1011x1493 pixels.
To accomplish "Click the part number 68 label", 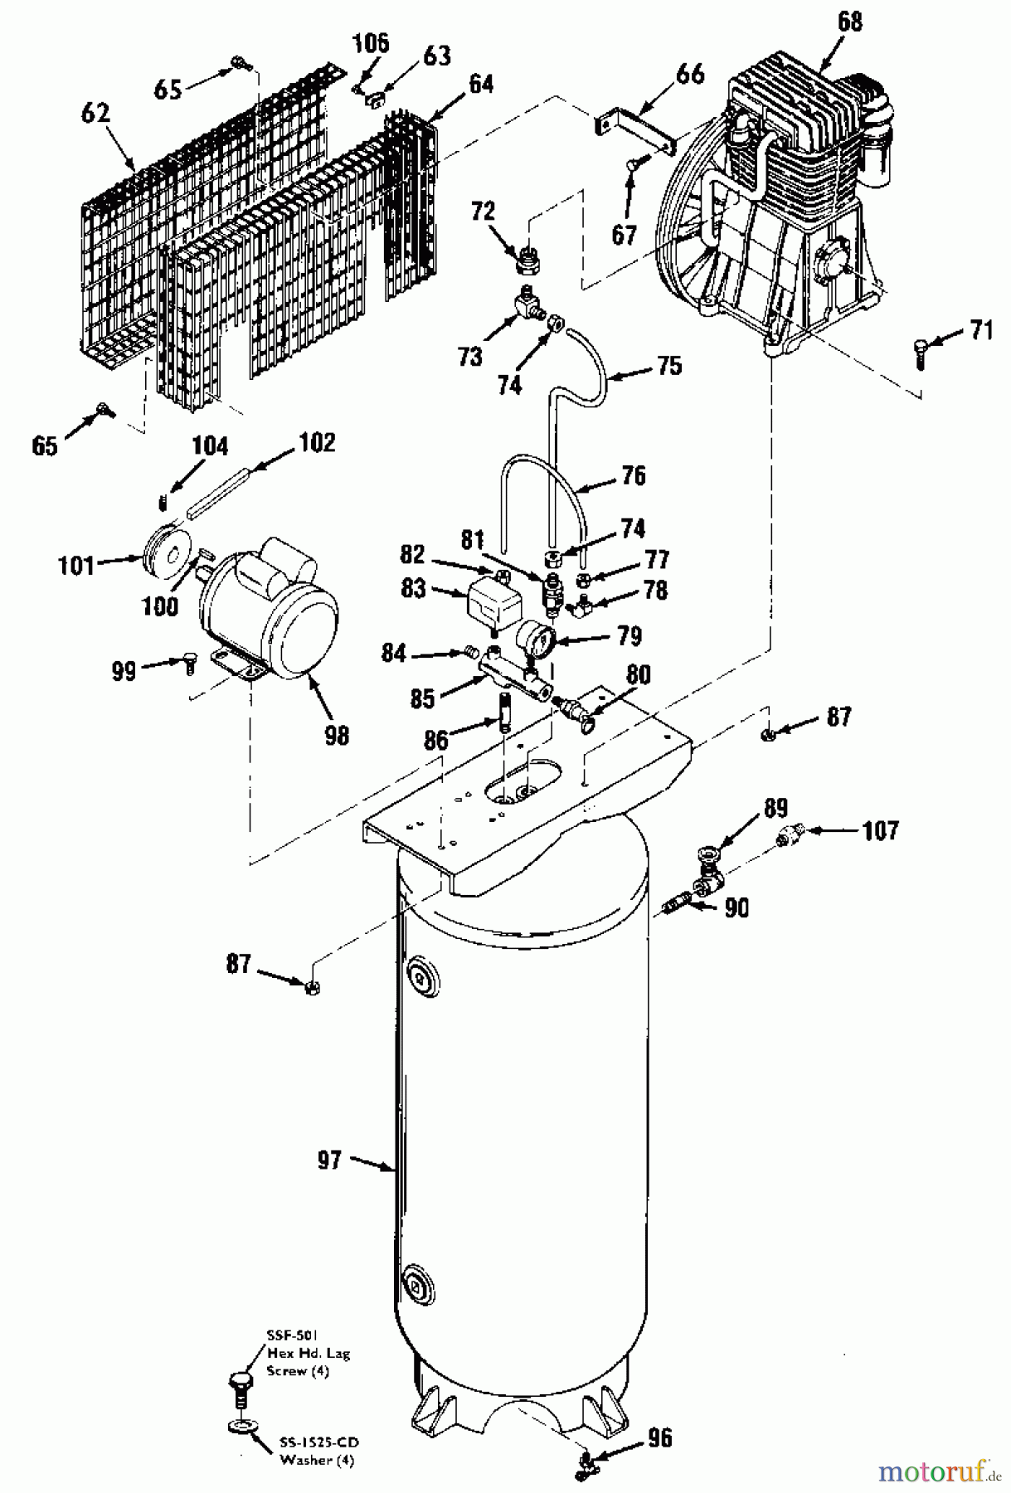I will (848, 22).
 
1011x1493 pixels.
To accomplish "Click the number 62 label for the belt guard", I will (96, 114).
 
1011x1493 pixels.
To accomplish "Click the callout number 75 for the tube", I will (670, 365).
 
